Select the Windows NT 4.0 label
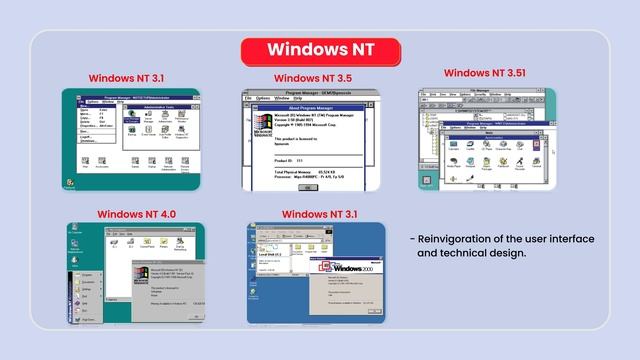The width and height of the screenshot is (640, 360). pos(137,214)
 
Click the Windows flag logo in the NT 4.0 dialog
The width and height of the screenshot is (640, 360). pos(143,273)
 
